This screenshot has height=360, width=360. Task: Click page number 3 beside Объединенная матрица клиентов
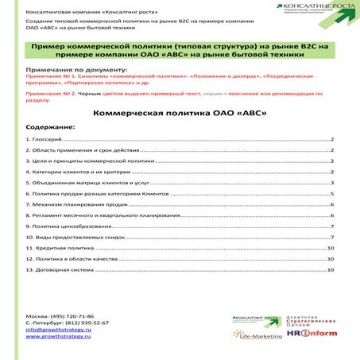point(331,182)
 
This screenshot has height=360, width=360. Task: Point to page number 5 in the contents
point(331,193)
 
